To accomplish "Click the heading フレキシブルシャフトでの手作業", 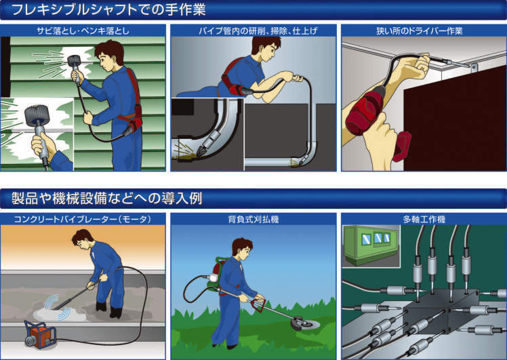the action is (108, 9).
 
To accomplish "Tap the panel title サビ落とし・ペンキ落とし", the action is (83, 31).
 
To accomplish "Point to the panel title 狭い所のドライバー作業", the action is (420, 31).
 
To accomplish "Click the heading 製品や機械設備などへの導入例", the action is (106, 198).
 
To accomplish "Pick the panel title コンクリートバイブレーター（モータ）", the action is (83, 219).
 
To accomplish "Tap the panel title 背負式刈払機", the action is (254, 220).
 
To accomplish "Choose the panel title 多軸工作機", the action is (424, 220).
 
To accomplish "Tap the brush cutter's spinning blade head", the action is (304, 323).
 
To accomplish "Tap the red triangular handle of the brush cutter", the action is (258, 304).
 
